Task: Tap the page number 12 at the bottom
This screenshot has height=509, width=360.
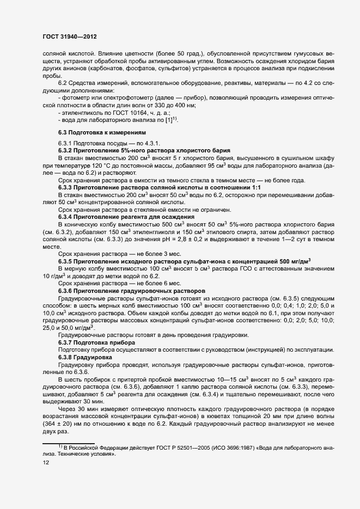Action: (47, 463)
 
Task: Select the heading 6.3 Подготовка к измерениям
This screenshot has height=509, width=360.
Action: (94, 132)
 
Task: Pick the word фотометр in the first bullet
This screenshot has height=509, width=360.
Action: (77, 97)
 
